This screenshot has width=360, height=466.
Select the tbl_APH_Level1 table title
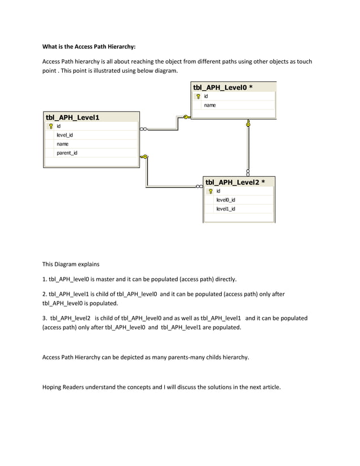tap(72, 117)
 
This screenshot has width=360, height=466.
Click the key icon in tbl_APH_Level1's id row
tap(50, 126)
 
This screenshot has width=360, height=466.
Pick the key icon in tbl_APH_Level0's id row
tap(197, 96)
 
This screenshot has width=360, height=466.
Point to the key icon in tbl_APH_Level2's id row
tap(210, 191)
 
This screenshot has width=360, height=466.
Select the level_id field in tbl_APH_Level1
tap(64, 135)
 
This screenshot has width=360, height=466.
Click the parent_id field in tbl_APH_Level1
tap(67, 153)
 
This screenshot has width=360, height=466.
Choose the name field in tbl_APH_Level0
tap(209, 105)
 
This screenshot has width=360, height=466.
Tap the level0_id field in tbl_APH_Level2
tap(226, 200)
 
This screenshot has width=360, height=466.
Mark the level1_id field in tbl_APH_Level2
tap(226, 209)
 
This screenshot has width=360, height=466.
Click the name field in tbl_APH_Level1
tap(62, 144)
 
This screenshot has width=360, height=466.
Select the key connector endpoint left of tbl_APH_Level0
tap(186, 117)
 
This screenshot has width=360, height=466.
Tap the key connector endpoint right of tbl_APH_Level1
tap(144, 157)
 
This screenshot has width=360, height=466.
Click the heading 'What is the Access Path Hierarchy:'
tap(89, 47)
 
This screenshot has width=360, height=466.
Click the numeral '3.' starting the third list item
tap(45, 318)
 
